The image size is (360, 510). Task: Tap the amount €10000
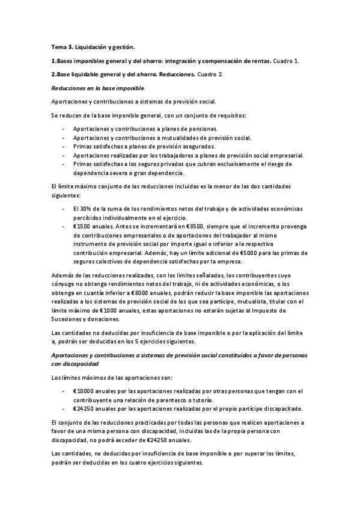84,391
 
